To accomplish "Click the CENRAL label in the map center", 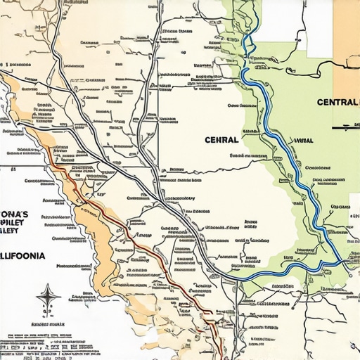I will point(221,139).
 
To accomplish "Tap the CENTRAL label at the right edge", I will point(337,102).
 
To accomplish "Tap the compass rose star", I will point(48,297).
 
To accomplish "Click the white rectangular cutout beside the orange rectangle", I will point(319,28).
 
